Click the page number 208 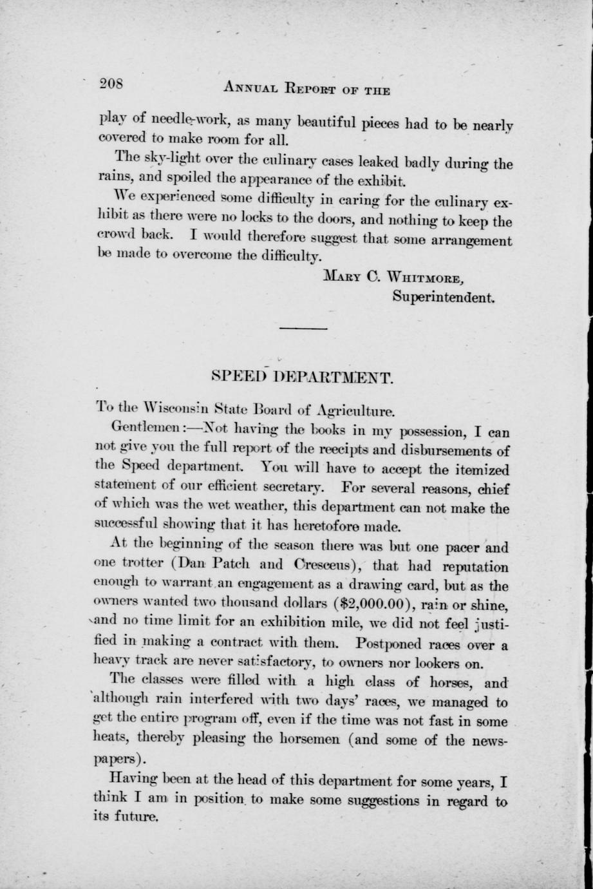pos(113,83)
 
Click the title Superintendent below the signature pos(443,298)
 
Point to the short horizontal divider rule pos(303,329)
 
